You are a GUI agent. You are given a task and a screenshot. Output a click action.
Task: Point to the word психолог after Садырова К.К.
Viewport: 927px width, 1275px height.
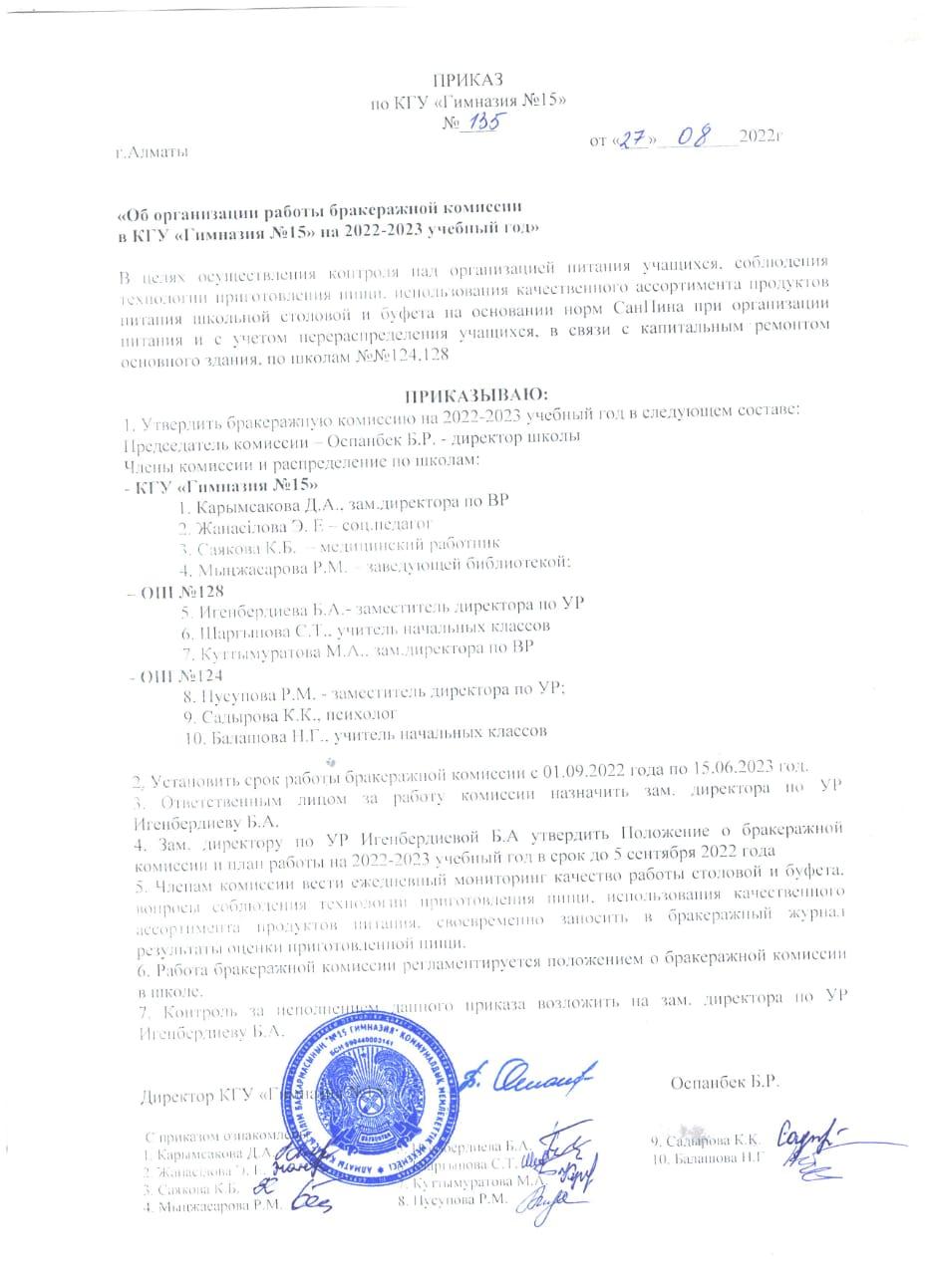tap(364, 714)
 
